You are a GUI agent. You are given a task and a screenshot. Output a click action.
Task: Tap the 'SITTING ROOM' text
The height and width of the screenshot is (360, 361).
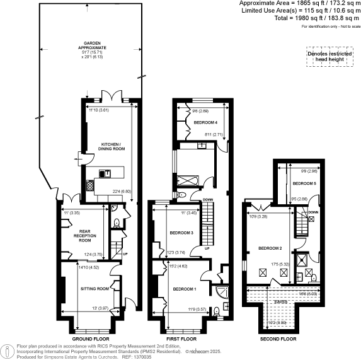(96, 288)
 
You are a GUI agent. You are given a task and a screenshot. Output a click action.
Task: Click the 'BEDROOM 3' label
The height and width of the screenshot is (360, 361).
(181, 233)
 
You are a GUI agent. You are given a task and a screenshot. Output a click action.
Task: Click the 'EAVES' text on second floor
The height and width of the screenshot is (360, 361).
(280, 302)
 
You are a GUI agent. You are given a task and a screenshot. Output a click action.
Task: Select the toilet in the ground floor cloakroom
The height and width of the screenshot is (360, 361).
(117, 222)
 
